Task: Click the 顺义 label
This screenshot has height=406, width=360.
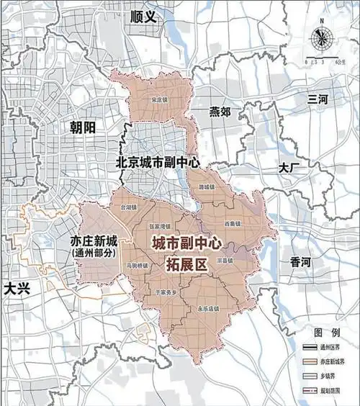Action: pyautogui.click(x=143, y=16)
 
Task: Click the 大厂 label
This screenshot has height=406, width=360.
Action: pyautogui.click(x=289, y=167)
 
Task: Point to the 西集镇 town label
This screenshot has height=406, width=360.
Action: pyautogui.click(x=232, y=224)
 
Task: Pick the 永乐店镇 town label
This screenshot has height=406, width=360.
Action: pyautogui.click(x=207, y=308)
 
